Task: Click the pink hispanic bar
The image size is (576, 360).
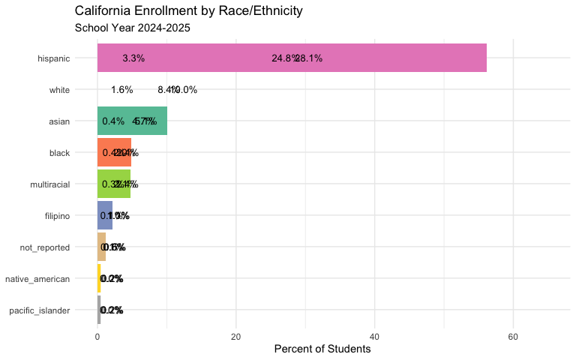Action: coord(292,58)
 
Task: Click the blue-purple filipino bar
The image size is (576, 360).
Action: coord(105,215)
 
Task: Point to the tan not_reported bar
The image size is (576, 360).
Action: coord(101,247)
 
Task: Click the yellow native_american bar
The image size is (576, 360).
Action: coord(99,278)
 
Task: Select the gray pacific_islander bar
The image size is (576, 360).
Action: coord(99,310)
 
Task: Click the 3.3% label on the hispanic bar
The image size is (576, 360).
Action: coord(133,58)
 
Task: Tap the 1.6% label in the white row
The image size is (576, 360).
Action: coord(121,90)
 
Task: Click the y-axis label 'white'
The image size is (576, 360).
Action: coord(59,90)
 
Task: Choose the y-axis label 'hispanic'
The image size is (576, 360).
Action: coord(54,58)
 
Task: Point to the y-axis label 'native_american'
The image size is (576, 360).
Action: coord(37,279)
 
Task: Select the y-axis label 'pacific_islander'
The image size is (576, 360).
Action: coord(39,310)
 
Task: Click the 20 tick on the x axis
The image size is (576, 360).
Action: coord(235,336)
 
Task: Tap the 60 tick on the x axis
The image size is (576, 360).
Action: coord(513,336)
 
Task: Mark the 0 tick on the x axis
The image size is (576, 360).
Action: coord(97,336)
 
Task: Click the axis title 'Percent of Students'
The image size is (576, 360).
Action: coord(322,349)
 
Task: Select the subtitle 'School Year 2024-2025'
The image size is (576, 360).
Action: coord(133,28)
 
